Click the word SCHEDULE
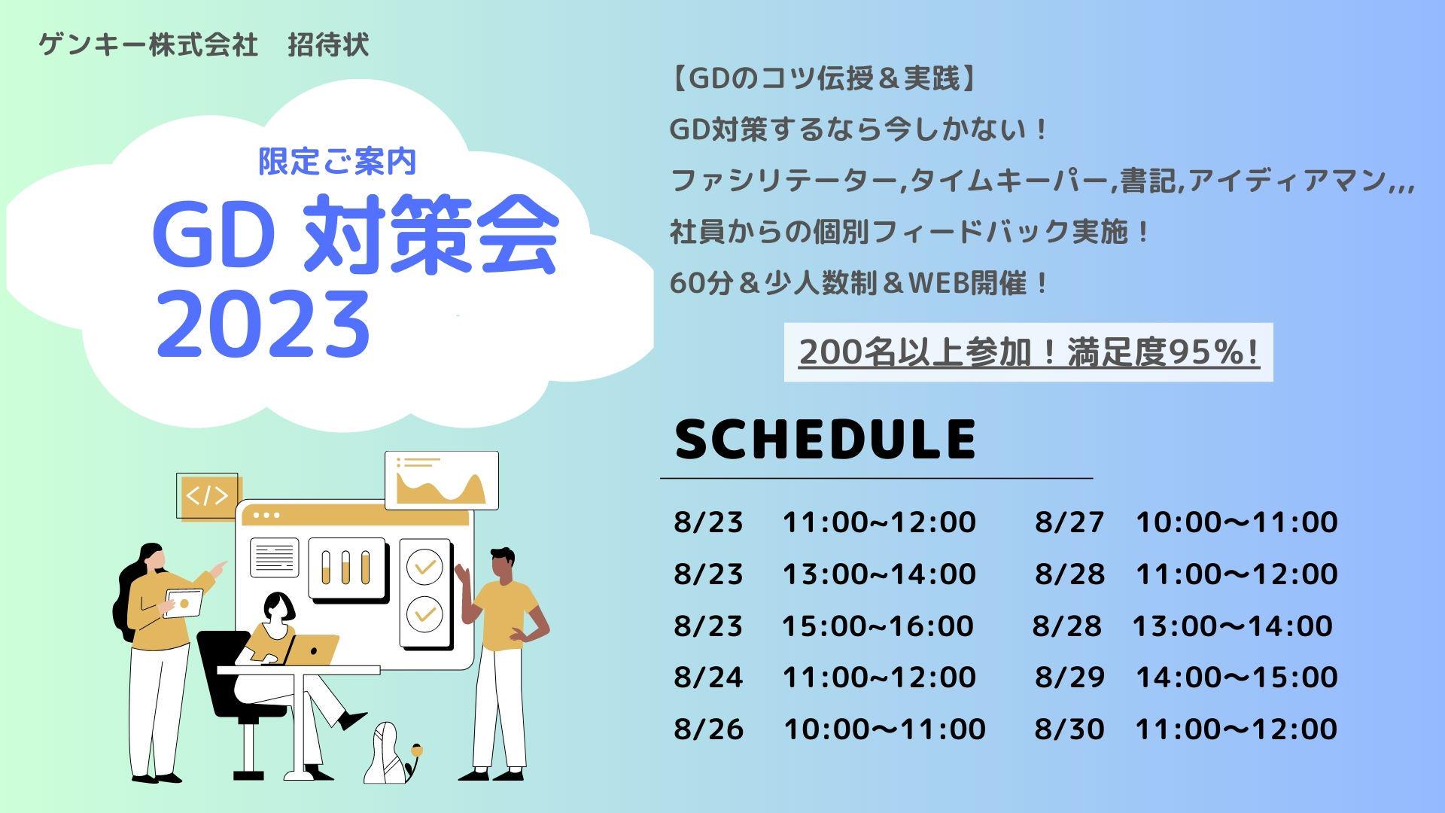(x=826, y=439)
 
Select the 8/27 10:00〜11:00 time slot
(x=1186, y=522)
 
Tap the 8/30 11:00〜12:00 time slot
(x=1186, y=728)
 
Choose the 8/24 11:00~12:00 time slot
(x=825, y=677)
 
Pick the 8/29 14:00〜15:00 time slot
(x=1186, y=677)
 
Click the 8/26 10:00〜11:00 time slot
(x=829, y=728)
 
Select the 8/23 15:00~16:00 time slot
(x=823, y=626)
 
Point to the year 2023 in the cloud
(x=263, y=324)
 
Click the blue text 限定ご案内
(x=337, y=161)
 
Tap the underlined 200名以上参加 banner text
(x=1029, y=352)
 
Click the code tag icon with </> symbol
(x=207, y=496)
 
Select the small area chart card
(x=442, y=480)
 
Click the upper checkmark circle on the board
(x=424, y=566)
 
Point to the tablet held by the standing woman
(x=184, y=603)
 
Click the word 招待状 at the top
(x=329, y=45)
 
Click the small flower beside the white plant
(x=416, y=750)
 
